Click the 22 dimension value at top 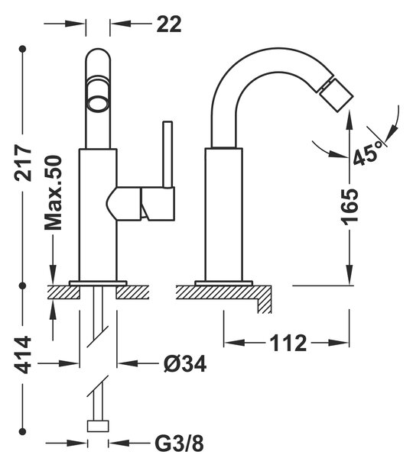coord(169,24)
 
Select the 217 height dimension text coord(23,163)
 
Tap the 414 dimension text coord(23,355)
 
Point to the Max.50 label coord(54,193)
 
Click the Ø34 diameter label coord(184,363)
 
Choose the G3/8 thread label coord(179,444)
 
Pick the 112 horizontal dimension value coord(288,343)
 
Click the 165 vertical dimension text coord(350,207)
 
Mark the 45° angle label coord(368,153)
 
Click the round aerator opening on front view coord(98,105)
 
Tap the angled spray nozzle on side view coord(336,93)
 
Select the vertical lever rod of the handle coord(167,153)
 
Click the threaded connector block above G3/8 coord(98,426)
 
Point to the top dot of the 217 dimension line coord(23,49)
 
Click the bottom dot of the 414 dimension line coord(22,431)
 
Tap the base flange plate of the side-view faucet coord(223,282)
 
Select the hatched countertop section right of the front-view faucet coord(132,292)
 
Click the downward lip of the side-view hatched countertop coord(264,306)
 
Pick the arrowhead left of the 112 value coord(234,342)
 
